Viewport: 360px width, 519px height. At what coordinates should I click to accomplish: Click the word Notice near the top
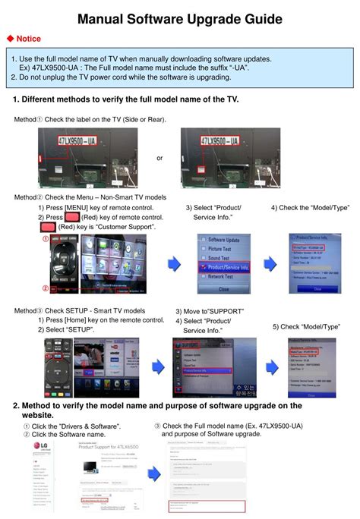[x=30, y=39]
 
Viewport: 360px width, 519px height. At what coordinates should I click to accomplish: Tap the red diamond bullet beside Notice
[x=10, y=39]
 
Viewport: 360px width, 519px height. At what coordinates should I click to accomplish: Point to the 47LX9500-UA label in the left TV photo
[x=67, y=142]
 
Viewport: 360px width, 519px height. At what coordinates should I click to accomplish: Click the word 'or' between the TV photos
[x=159, y=158]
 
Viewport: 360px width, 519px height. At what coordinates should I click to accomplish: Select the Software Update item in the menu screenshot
[x=223, y=240]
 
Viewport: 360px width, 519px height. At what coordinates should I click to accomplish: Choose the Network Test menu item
[x=223, y=277]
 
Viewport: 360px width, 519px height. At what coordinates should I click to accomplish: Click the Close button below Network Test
[x=223, y=289]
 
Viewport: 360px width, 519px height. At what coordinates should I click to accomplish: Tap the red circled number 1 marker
[x=45, y=239]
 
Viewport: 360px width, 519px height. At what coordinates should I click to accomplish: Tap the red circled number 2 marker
[x=45, y=288]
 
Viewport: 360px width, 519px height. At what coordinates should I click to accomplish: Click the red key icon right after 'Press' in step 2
[x=73, y=217]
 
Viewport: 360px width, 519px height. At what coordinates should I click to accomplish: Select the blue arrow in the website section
[x=153, y=473]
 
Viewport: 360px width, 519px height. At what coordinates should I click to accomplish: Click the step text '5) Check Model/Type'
[x=305, y=326]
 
